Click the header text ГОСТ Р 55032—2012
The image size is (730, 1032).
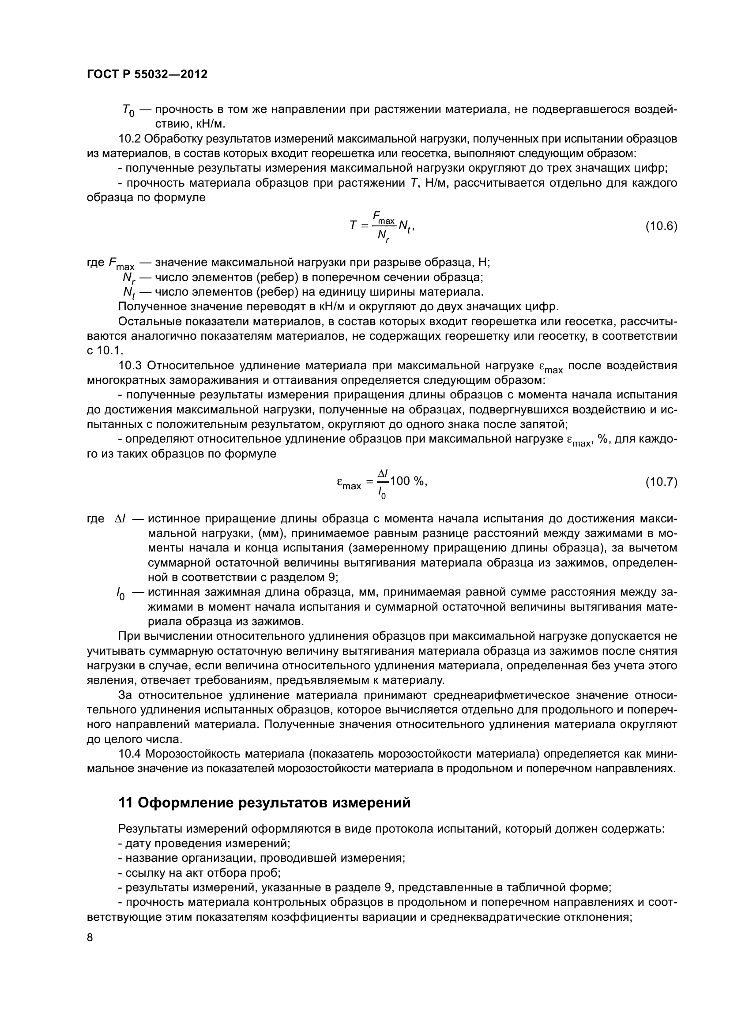pyautogui.click(x=147, y=75)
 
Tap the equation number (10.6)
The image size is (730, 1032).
pyautogui.click(x=661, y=226)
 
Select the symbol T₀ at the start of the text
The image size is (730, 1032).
pyautogui.click(x=128, y=111)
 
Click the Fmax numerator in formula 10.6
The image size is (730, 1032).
pyautogui.click(x=384, y=218)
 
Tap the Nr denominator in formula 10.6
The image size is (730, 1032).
pyautogui.click(x=384, y=236)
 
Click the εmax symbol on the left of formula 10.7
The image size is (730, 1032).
pyautogui.click(x=349, y=484)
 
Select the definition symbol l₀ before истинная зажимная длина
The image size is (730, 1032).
pyautogui.click(x=120, y=594)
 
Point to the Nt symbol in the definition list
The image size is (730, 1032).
pyautogui.click(x=128, y=293)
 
